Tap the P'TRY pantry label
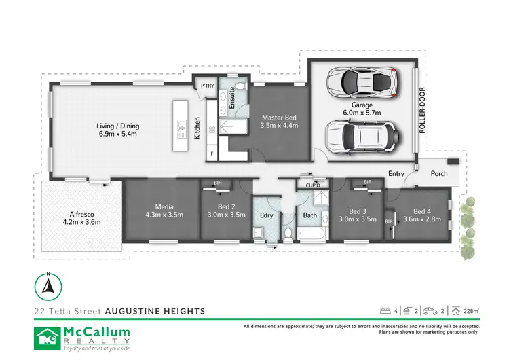(206, 85)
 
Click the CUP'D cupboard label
(313, 184)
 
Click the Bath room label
(310, 215)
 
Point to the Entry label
(396, 174)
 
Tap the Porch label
(439, 174)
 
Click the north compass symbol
(48, 285)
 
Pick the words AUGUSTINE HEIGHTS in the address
(155, 311)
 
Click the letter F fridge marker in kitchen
(212, 154)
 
